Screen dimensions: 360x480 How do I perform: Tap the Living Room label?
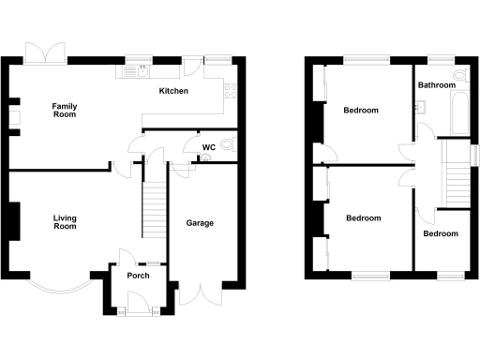tap(64, 221)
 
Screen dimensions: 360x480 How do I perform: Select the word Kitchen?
tap(173, 91)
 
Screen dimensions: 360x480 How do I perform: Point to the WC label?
tap(208, 147)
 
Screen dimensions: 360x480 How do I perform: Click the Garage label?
tap(200, 223)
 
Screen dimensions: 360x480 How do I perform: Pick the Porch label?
tap(138, 276)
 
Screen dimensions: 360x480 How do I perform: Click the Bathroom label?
tap(437, 85)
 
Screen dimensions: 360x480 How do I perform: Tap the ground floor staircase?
tap(152, 211)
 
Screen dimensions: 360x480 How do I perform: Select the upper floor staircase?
tap(457, 173)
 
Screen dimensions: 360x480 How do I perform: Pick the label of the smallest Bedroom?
tap(439, 233)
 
